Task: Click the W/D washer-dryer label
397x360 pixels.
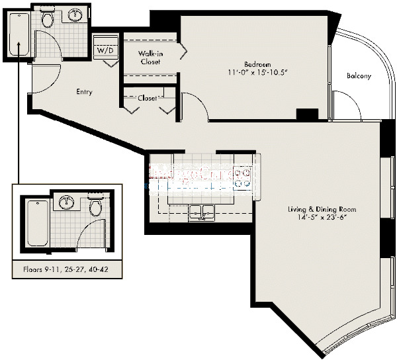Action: (105, 50)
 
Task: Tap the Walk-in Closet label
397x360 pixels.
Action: (151, 58)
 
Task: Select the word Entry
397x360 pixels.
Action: (83, 92)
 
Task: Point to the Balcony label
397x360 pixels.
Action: (359, 76)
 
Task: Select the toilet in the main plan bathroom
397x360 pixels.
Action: (47, 19)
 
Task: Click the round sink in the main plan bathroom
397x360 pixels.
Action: (76, 15)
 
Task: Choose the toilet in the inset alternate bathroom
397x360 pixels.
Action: (95, 207)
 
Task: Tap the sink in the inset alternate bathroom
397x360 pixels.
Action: (66, 202)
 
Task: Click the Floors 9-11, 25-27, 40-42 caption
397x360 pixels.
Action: (64, 271)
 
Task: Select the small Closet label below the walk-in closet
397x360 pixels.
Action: (147, 98)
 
